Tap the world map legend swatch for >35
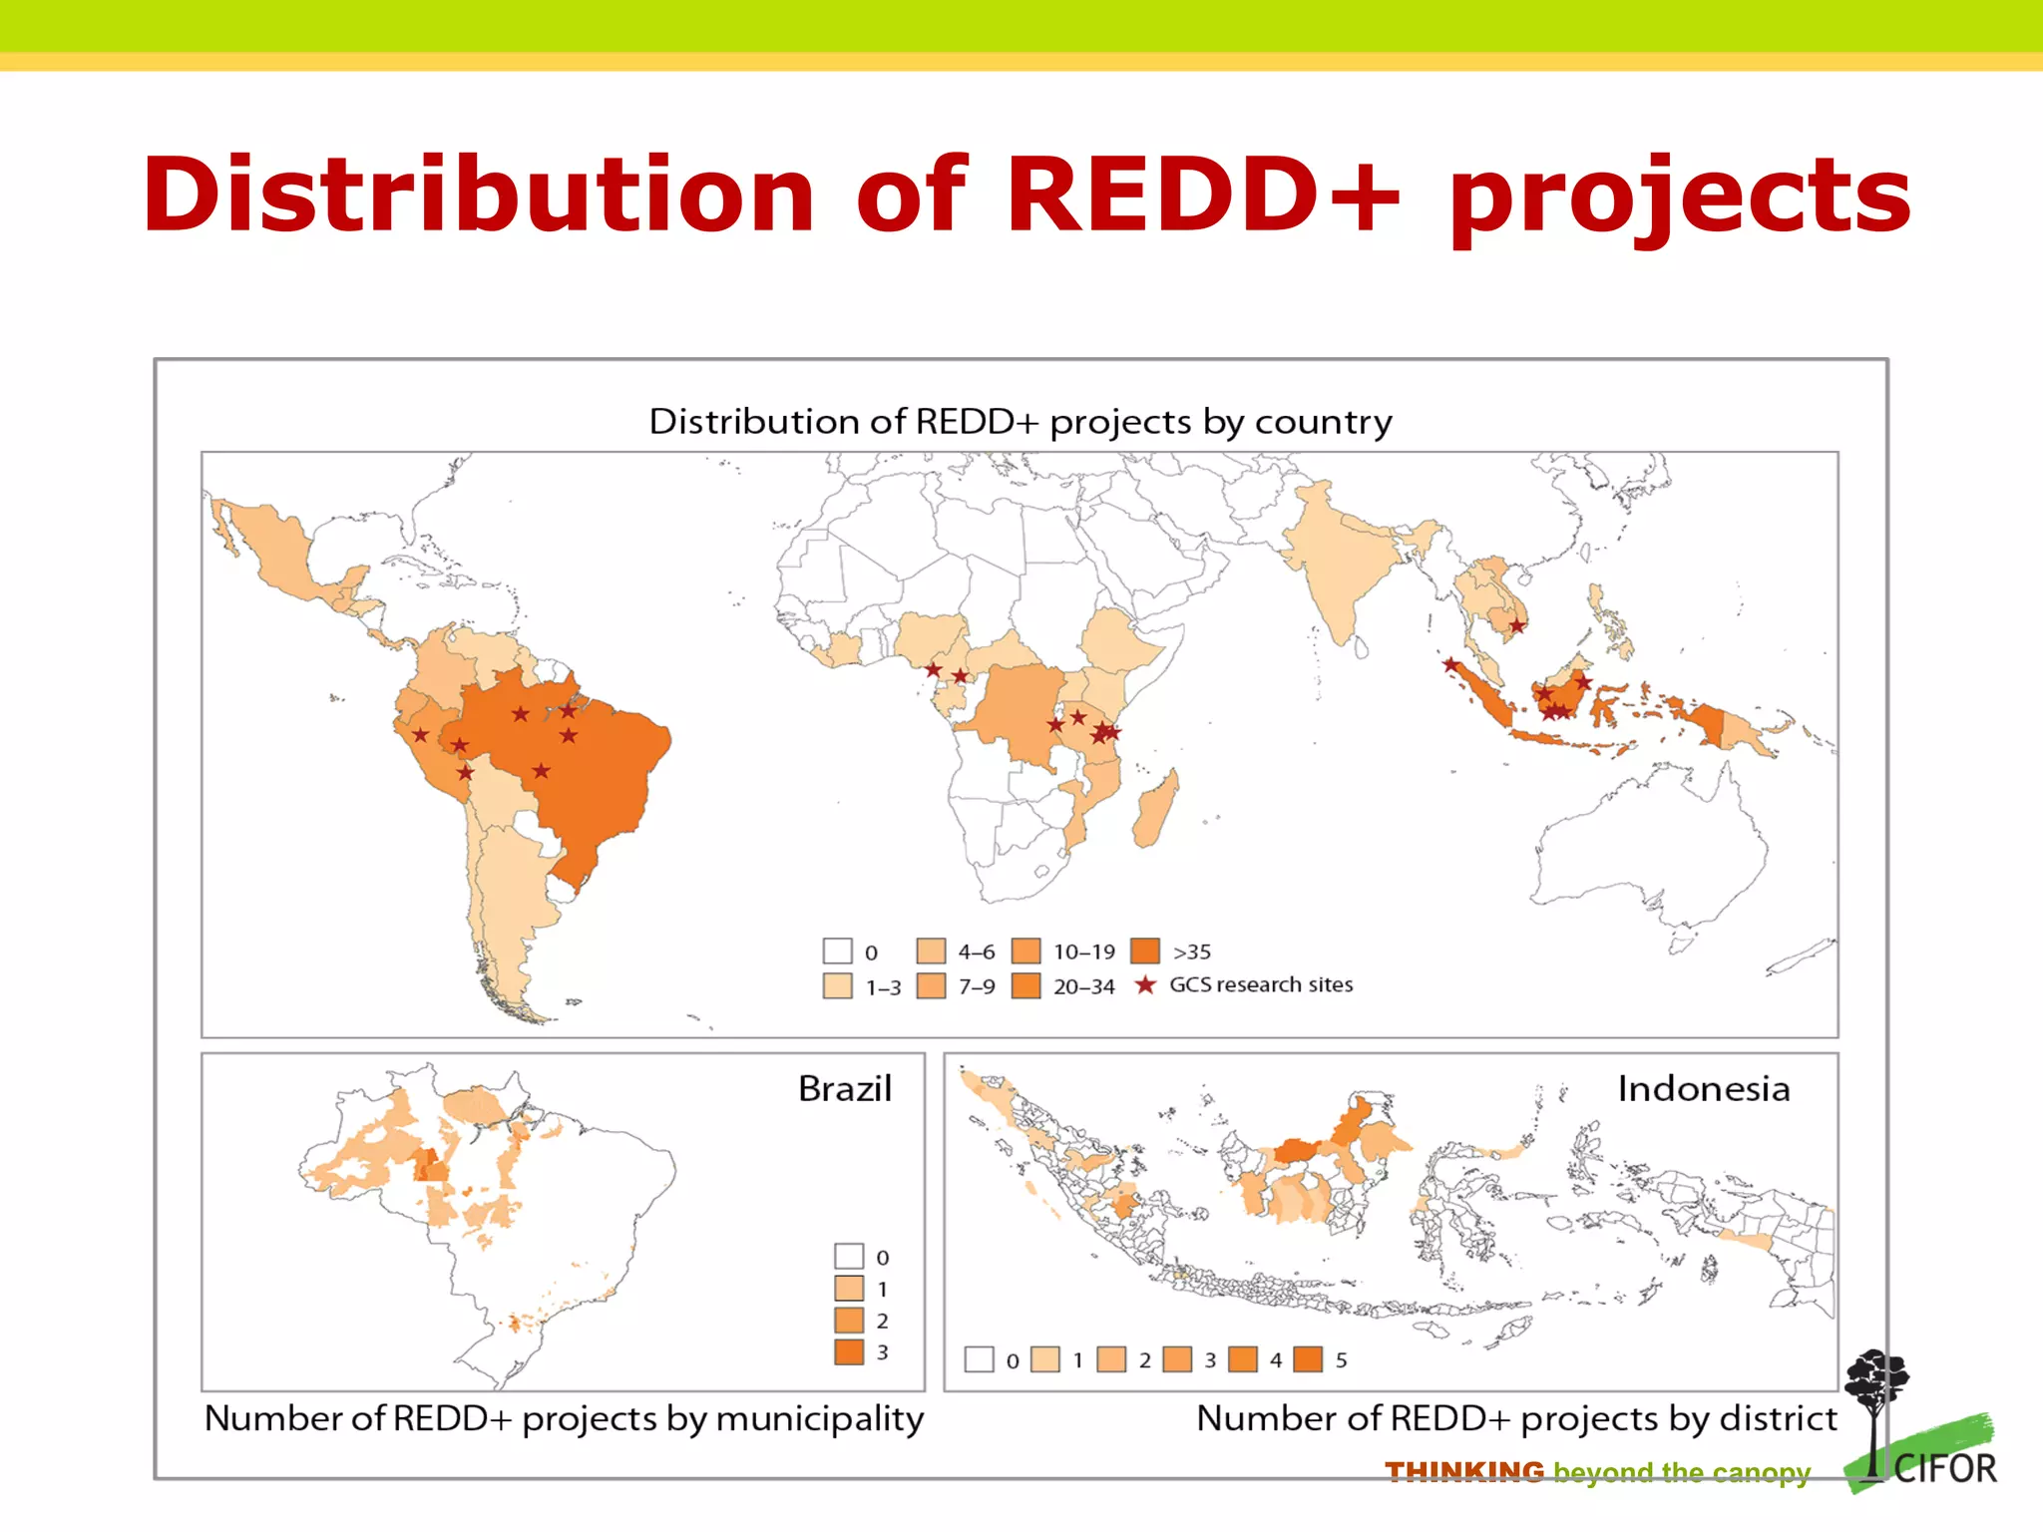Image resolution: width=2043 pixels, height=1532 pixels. (1145, 951)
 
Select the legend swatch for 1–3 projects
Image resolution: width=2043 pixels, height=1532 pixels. (837, 985)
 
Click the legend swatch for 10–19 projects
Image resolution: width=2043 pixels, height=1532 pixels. (1025, 951)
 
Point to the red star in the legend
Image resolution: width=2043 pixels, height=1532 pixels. (1145, 985)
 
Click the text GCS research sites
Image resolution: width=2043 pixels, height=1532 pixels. (1260, 984)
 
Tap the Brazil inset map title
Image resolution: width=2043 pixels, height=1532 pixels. (844, 1088)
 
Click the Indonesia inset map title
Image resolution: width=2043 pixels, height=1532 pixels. (1703, 1088)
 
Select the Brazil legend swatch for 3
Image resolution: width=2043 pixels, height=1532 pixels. (849, 1351)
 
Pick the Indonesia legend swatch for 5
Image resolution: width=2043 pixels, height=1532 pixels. (1308, 1359)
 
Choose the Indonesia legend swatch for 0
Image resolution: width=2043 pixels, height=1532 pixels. (979, 1359)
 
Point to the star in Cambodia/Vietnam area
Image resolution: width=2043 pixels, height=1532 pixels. (1516, 626)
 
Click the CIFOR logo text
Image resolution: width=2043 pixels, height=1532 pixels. (1944, 1469)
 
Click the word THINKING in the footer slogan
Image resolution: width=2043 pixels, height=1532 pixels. (1463, 1472)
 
